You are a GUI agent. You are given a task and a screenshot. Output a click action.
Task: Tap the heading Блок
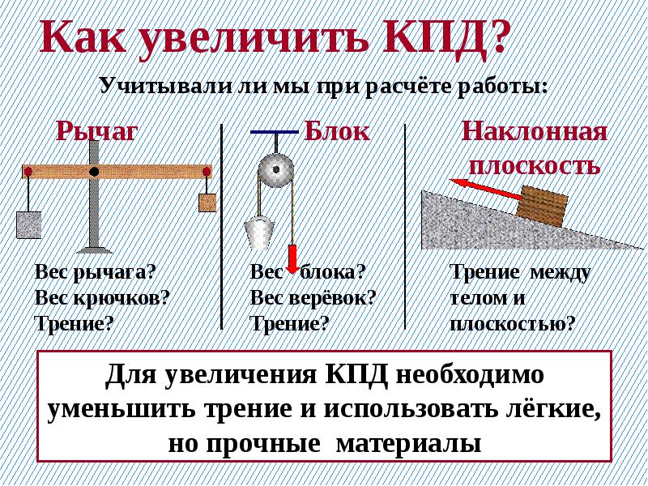pos(337,131)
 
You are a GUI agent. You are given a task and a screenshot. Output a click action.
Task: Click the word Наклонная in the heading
pos(534,132)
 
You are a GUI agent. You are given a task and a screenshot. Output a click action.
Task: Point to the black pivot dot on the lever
pos(94,172)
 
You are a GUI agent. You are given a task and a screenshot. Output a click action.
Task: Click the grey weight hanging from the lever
pos(29,225)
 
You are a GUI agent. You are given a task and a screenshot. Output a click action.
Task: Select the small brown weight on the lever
pos(207,202)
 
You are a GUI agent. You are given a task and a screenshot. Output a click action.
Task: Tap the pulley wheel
pos(276,170)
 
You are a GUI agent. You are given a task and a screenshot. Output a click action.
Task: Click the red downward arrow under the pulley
pos(292,259)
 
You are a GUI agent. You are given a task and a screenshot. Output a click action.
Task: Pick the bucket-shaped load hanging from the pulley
pos(259,233)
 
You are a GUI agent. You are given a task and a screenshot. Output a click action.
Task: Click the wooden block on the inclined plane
pos(542,207)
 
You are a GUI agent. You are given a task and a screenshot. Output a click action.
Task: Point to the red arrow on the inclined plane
pos(486,190)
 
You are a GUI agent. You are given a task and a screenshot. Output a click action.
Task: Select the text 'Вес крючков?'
pos(103,298)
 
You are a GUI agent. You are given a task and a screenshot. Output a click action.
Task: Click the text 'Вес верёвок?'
pos(313,298)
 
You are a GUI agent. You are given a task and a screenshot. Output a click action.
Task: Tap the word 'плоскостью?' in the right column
pos(513,323)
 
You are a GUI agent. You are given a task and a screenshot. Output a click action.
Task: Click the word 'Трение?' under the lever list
pos(74,323)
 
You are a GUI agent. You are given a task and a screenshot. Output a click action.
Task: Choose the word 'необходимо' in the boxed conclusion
pos(470,375)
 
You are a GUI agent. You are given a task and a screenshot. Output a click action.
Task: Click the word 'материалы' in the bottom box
pos(409,443)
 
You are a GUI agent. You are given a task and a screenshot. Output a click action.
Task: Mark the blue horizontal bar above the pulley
pos(275,132)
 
